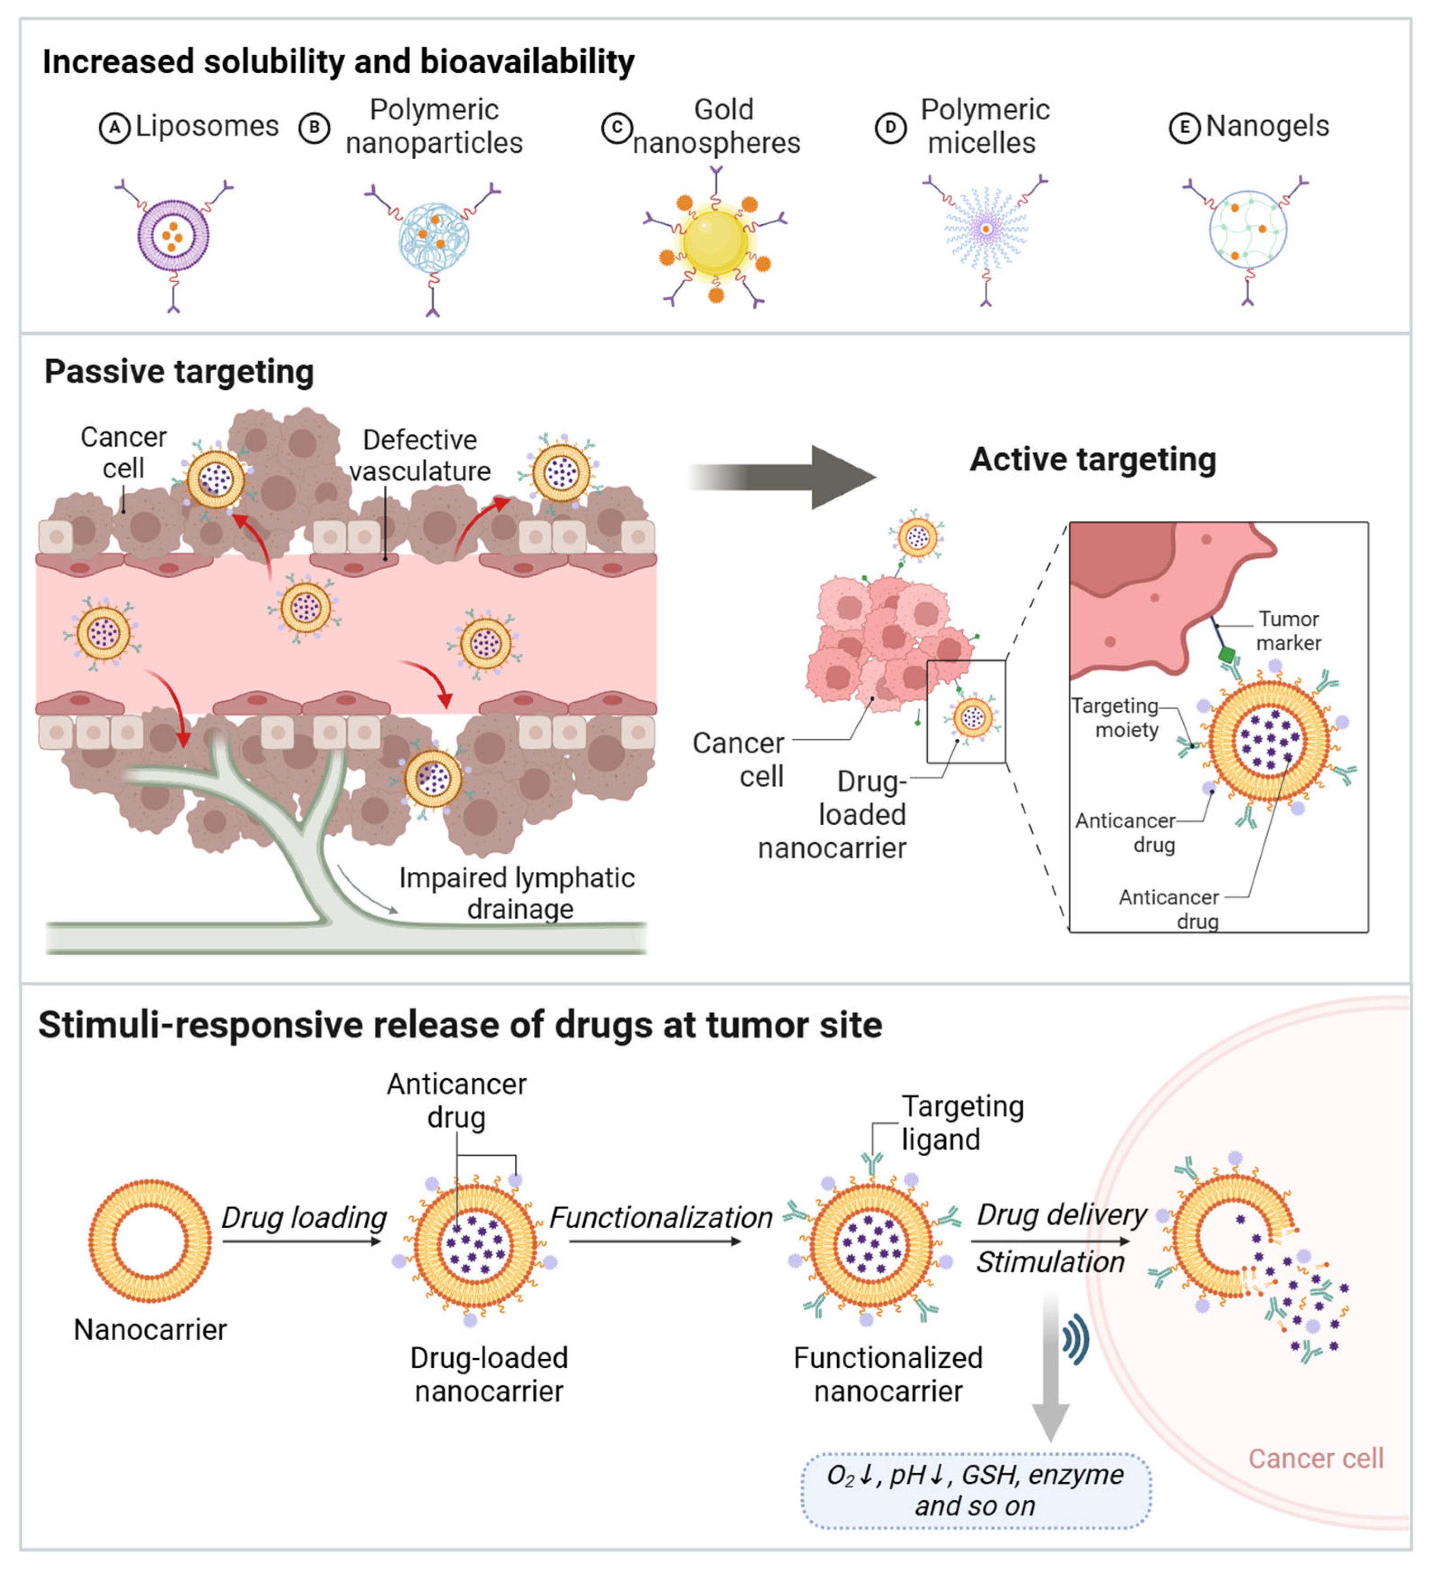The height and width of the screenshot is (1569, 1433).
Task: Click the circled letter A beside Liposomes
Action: coord(114,128)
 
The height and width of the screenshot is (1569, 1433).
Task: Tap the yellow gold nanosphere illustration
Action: coord(715,242)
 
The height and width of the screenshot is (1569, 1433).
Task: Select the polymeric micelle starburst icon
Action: coord(986,230)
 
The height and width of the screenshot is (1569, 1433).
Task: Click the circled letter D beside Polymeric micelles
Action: coord(891,128)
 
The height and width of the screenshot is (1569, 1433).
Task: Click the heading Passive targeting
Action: coord(179,372)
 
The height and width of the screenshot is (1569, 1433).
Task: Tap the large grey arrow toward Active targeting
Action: coord(786,477)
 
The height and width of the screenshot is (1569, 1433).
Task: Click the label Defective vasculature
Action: coord(420,455)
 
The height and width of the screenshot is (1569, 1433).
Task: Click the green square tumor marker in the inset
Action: coord(1228,655)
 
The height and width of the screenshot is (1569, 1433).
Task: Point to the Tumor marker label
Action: coord(1288,631)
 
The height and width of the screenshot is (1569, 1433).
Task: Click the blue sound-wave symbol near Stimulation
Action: coord(1075,1340)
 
